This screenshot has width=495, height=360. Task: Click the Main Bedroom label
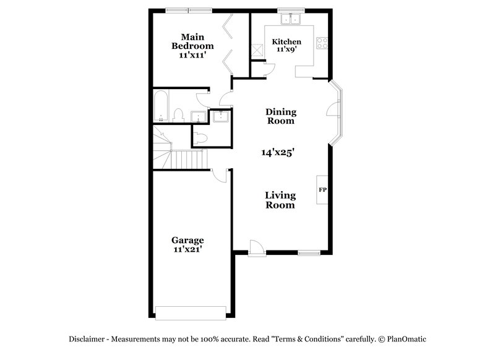[x=192, y=41]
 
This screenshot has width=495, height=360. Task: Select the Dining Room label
[x=281, y=116]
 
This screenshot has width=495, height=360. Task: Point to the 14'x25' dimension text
[x=281, y=152]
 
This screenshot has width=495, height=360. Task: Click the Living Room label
[x=280, y=200]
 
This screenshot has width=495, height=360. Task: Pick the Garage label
[x=187, y=240]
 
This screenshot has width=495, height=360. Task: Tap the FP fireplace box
[x=322, y=189]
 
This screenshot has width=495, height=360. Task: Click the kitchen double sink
[x=290, y=19]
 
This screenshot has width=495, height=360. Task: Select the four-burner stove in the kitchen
[x=322, y=43]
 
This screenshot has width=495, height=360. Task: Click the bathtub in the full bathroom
[x=160, y=106]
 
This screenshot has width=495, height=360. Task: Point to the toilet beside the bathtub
[x=179, y=116]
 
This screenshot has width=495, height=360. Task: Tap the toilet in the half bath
[x=200, y=138]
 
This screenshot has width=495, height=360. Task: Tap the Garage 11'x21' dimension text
[x=187, y=250]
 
